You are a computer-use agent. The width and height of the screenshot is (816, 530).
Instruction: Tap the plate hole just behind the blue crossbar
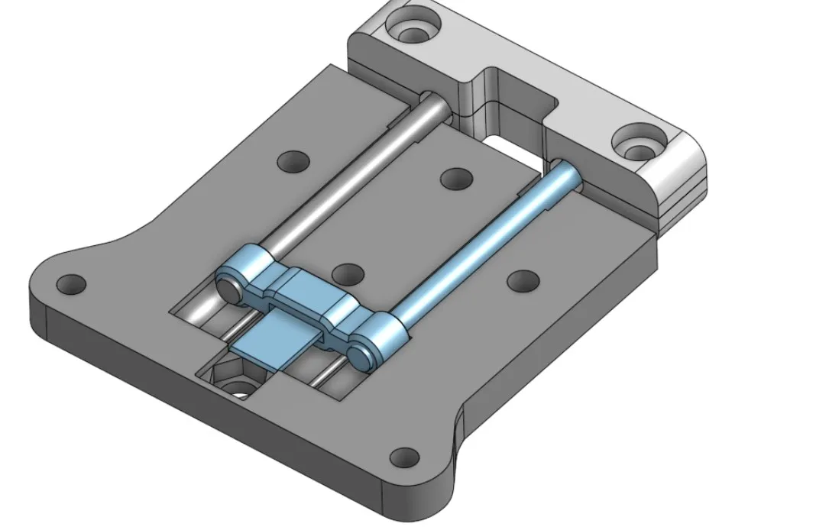click(x=348, y=273)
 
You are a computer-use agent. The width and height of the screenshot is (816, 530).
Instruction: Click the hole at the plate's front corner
click(x=404, y=458)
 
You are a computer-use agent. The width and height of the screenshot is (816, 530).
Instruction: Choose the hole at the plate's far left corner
click(x=71, y=284)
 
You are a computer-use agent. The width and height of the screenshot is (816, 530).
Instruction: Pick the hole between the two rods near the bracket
click(x=456, y=178)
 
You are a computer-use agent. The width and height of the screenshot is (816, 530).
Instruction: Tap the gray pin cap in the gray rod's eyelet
click(x=228, y=287)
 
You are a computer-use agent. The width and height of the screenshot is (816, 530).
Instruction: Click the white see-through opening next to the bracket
click(x=508, y=144)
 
